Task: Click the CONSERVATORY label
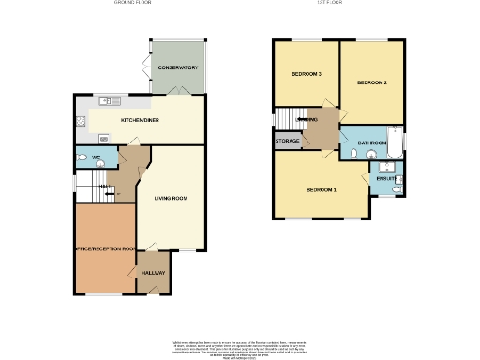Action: (x=177, y=68)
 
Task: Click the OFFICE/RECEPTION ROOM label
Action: (x=105, y=248)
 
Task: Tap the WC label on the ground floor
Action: (x=96, y=156)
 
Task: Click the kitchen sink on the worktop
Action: (x=105, y=101)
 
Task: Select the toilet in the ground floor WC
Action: (x=82, y=157)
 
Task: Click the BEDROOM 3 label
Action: (x=306, y=74)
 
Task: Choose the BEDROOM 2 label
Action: (x=371, y=83)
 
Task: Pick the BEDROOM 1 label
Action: (x=322, y=190)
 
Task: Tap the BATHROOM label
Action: (x=372, y=143)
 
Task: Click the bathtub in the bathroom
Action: (x=396, y=142)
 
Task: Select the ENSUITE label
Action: (x=385, y=176)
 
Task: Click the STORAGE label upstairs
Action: (x=288, y=141)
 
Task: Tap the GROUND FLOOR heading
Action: (x=132, y=4)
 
